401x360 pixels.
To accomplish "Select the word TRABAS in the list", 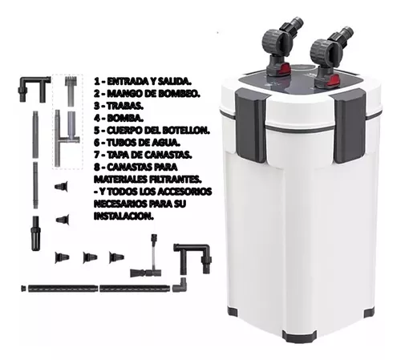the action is [125, 106].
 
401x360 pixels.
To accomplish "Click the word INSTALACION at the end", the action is [124, 216].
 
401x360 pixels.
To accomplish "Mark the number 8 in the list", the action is [96, 168].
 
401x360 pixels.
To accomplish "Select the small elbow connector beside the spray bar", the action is [180, 285].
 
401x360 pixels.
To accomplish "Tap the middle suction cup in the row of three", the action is [90, 257].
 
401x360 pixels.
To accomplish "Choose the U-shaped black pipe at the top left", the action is [34, 87].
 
